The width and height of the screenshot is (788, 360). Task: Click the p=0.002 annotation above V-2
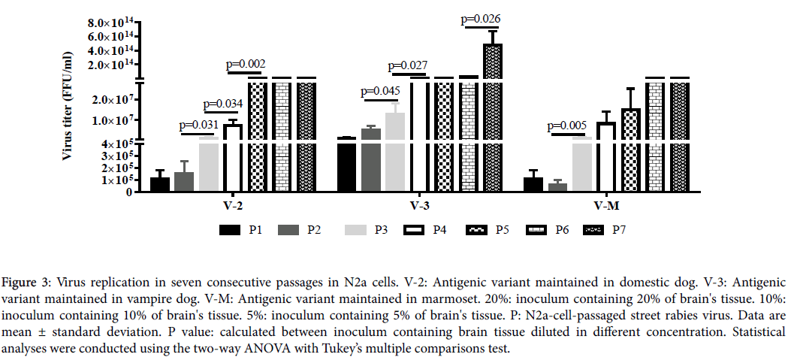[246, 64]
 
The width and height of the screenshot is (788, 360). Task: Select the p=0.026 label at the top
[481, 19]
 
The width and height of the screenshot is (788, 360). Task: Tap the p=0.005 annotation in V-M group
[569, 126]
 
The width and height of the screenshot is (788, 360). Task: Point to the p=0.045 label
[381, 92]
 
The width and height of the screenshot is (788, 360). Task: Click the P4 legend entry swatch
[414, 228]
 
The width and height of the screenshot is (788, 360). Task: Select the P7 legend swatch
[596, 228]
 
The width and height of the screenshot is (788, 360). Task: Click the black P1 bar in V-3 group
[346, 165]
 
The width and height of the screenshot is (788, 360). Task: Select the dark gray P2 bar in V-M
[558, 186]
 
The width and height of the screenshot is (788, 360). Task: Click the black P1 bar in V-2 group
[160, 184]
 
